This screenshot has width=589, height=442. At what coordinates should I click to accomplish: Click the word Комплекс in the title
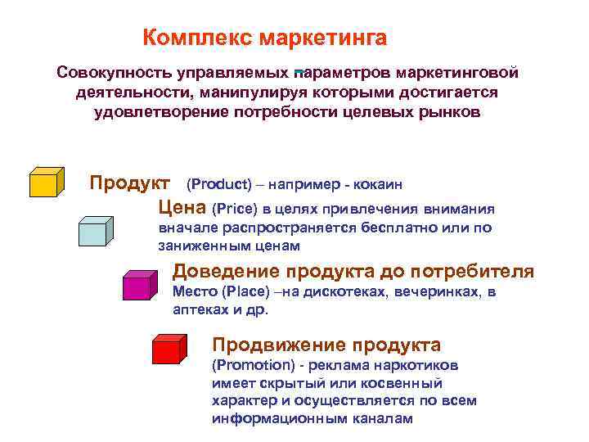197,38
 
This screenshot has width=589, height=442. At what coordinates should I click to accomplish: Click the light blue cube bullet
96,231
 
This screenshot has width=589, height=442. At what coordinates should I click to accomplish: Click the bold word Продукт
130,181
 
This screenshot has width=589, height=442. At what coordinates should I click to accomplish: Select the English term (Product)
222,183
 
